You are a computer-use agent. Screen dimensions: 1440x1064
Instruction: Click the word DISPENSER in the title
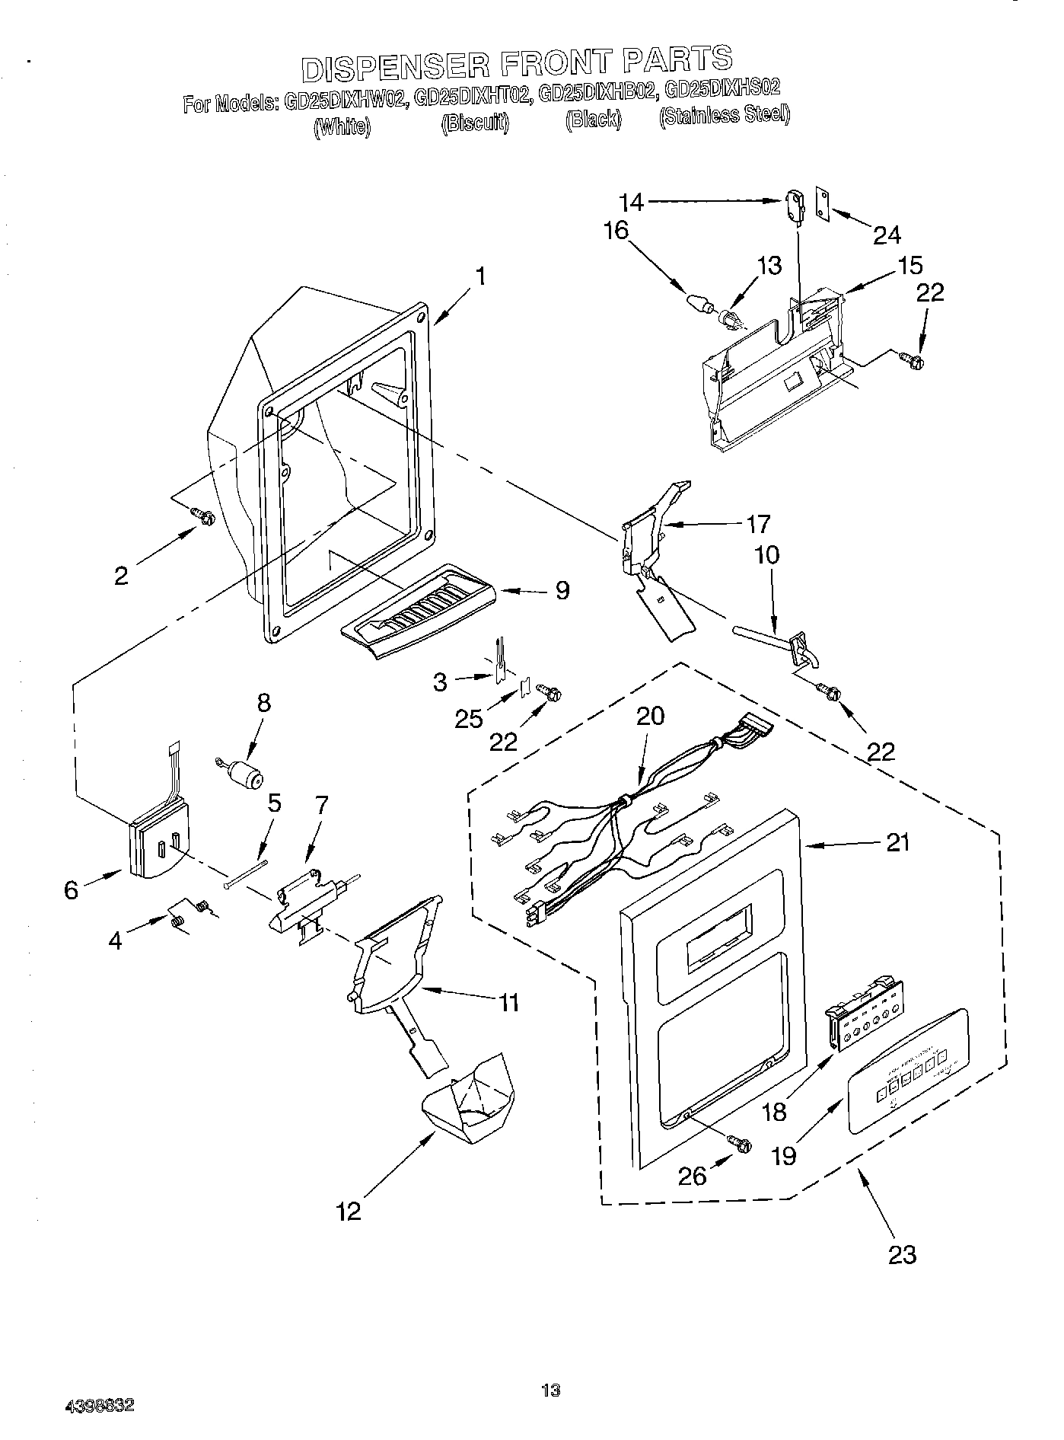(396, 65)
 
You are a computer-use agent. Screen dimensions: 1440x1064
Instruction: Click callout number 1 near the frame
(479, 276)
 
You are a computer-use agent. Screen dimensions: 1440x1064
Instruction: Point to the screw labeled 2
(203, 517)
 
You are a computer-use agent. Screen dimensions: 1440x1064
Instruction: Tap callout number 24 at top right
(886, 235)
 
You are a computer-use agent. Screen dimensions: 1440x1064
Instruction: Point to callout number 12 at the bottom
(349, 1211)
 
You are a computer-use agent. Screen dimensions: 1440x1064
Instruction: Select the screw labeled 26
(740, 1144)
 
